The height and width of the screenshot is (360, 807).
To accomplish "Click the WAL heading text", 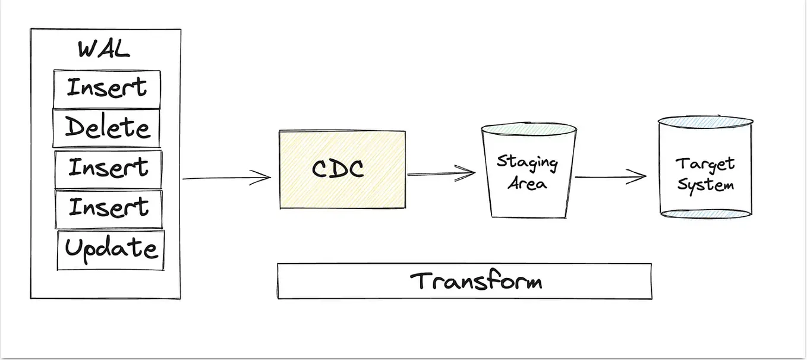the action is pyautogui.click(x=103, y=49).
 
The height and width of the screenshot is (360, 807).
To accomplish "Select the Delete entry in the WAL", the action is pyautogui.click(x=107, y=128).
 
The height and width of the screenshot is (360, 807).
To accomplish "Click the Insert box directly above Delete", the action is pyautogui.click(x=107, y=89).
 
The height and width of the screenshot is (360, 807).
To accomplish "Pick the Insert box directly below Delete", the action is pyautogui.click(x=108, y=169).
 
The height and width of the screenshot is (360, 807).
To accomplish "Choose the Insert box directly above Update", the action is pyautogui.click(x=109, y=209).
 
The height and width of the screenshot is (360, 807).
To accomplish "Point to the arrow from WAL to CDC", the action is pyautogui.click(x=226, y=178).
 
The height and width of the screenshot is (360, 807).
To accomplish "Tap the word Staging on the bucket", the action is pyautogui.click(x=527, y=162).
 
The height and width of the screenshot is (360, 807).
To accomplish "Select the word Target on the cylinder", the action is pyautogui.click(x=705, y=163).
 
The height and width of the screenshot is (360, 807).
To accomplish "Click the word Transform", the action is pyautogui.click(x=476, y=280).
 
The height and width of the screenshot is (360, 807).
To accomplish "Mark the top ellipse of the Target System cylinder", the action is pyautogui.click(x=705, y=121).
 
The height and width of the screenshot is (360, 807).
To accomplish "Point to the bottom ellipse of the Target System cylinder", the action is pyautogui.click(x=705, y=213).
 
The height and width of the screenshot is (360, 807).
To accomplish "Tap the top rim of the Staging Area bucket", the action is pyautogui.click(x=528, y=128).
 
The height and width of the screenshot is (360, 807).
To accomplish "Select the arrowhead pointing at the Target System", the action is pyautogui.click(x=639, y=176).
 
